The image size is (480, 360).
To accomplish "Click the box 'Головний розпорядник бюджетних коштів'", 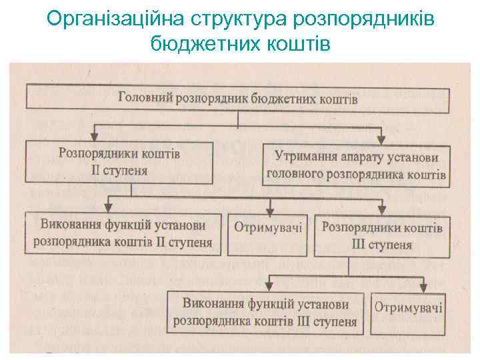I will [238, 97].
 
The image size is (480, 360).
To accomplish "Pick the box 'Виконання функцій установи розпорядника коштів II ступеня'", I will [123, 233].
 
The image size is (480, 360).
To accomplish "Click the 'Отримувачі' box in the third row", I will [268, 228].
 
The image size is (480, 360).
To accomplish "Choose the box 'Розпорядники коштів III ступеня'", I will [382, 235].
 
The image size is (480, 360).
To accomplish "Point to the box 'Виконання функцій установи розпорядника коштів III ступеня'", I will [265, 312].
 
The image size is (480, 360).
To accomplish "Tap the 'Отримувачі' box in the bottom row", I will [409, 308].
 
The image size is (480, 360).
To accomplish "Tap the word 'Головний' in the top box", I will [145, 97].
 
